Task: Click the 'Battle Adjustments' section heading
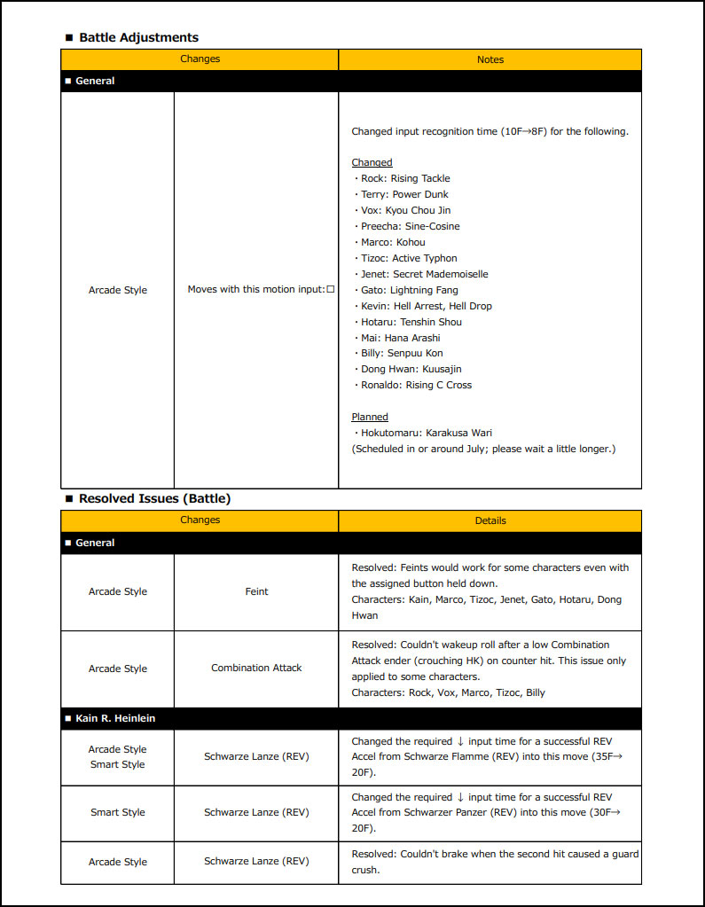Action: coord(138,37)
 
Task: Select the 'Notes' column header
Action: coord(490,59)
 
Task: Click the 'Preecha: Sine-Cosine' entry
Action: coord(410,226)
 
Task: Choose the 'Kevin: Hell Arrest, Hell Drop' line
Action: coord(426,306)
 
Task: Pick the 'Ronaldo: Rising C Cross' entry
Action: coord(416,385)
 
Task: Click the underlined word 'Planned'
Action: coord(370,417)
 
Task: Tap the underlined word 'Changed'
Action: coord(372,162)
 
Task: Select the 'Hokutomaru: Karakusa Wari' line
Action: coord(422,433)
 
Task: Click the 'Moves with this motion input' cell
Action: coord(256,290)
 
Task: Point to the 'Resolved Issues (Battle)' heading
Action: coord(154,498)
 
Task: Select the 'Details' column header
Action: coord(490,520)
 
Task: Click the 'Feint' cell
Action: coord(256,591)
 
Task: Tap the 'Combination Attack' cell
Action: coord(256,668)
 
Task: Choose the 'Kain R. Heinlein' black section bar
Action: coord(115,718)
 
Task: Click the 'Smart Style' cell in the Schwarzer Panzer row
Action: coord(117,812)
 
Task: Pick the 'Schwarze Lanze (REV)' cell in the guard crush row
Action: coord(256,862)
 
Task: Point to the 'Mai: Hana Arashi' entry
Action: coord(400,338)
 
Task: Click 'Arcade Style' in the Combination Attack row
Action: coord(117,669)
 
